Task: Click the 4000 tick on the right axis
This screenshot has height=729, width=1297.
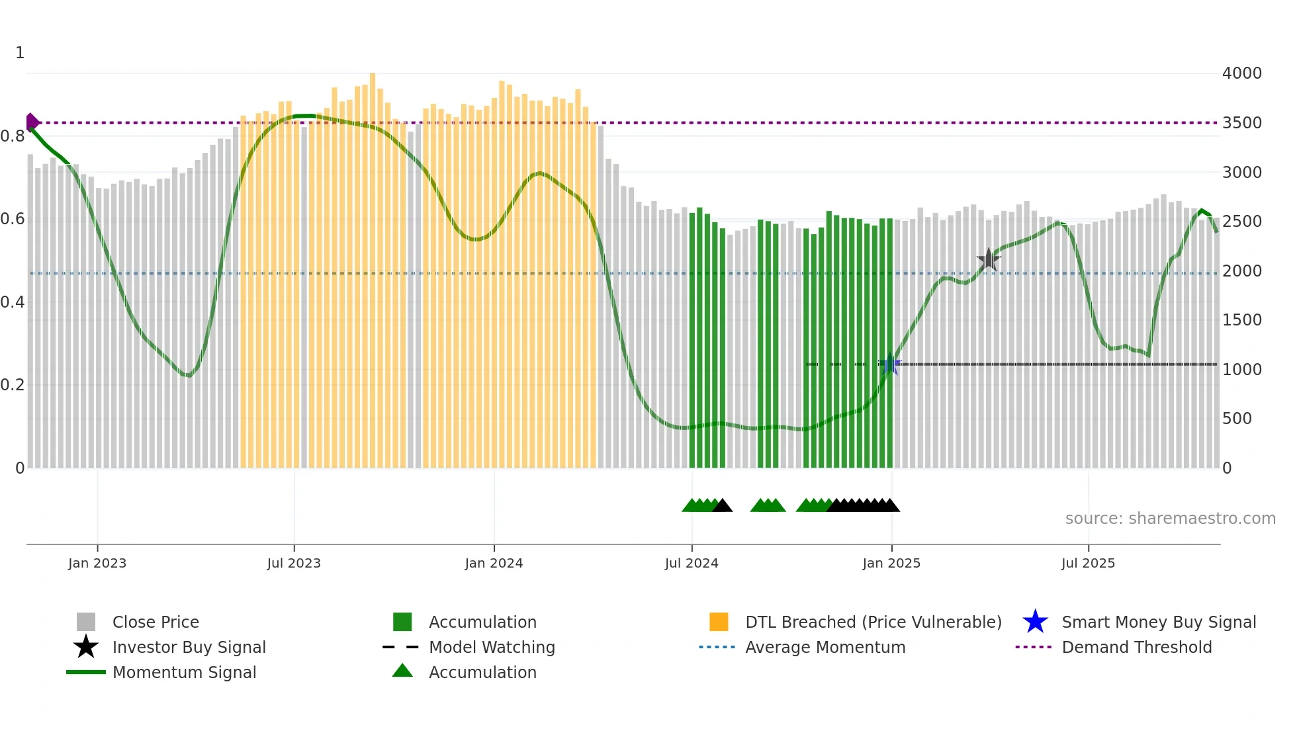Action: [x=1241, y=73]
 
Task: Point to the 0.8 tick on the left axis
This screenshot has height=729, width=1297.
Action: [x=13, y=136]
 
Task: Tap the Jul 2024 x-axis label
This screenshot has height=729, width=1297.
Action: [x=692, y=563]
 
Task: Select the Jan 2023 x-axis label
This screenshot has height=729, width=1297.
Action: [x=97, y=563]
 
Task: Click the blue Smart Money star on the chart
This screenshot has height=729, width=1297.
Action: [x=891, y=364]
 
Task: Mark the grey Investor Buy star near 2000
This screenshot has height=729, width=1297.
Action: [x=988, y=260]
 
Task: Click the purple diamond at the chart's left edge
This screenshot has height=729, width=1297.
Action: [x=32, y=122]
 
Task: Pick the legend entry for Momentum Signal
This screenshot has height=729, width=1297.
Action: [x=184, y=672]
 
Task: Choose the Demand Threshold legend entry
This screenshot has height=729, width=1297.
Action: [x=1136, y=647]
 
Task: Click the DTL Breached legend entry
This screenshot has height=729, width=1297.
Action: [x=873, y=622]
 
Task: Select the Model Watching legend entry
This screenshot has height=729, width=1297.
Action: [x=492, y=647]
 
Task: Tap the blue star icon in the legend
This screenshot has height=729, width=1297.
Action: [x=1035, y=622]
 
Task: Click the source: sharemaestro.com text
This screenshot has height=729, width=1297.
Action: [x=1170, y=519]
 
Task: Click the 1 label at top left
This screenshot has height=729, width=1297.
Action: [x=20, y=53]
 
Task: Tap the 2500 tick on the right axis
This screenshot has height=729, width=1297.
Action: [x=1241, y=222]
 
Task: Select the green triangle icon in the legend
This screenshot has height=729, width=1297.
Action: [x=402, y=671]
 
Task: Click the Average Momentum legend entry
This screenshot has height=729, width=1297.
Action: [x=825, y=647]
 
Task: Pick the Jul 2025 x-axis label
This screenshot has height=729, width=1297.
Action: [x=1088, y=563]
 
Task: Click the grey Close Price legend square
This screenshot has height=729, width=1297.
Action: [x=86, y=622]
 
